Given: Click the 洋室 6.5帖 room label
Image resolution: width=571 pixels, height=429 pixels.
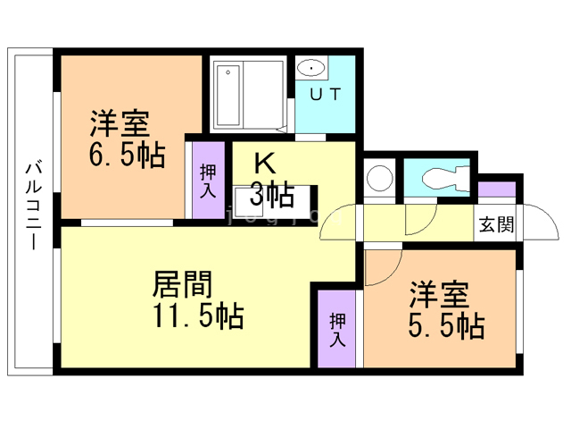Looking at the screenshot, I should (125, 139).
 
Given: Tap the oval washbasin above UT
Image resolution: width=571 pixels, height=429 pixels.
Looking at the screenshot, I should (311, 67).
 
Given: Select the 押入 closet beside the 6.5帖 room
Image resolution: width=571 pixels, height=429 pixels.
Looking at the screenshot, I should (208, 180).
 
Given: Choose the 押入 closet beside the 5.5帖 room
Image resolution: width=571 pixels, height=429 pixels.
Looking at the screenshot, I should (337, 328).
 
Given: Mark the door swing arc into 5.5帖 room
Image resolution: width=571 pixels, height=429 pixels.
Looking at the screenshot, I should (381, 265).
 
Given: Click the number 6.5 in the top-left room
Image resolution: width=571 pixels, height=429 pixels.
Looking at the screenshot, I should (112, 155).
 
